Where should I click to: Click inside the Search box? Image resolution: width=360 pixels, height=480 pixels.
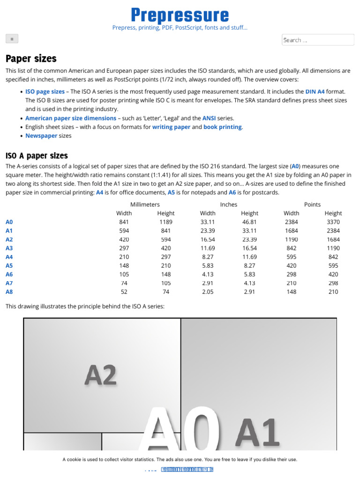[x=317, y=40]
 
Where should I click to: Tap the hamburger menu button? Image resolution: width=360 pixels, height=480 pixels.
[x=12, y=38]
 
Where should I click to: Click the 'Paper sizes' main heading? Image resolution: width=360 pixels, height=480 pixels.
[x=31, y=59]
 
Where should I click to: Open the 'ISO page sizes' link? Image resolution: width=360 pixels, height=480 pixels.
[x=45, y=92]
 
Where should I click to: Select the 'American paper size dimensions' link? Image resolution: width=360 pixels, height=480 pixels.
[x=71, y=118]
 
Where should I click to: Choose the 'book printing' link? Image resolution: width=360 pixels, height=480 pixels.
[x=223, y=127]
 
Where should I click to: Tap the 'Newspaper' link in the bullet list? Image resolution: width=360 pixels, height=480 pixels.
[x=41, y=136]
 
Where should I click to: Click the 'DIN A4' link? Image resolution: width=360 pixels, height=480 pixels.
[x=315, y=92]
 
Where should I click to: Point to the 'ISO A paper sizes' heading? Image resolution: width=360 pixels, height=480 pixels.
[x=37, y=156]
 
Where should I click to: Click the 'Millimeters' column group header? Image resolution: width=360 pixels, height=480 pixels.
[x=145, y=204]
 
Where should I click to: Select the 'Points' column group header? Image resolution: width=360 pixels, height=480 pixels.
[x=312, y=204]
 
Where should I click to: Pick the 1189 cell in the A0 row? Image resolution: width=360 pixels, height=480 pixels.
[x=166, y=222]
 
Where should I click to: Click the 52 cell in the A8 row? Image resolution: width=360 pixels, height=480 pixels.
[x=124, y=292]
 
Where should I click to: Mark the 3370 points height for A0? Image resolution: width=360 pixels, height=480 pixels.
[x=333, y=222]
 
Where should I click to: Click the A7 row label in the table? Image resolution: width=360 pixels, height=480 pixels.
[x=9, y=283]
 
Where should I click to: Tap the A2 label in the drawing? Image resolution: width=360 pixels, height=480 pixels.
[x=101, y=375]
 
